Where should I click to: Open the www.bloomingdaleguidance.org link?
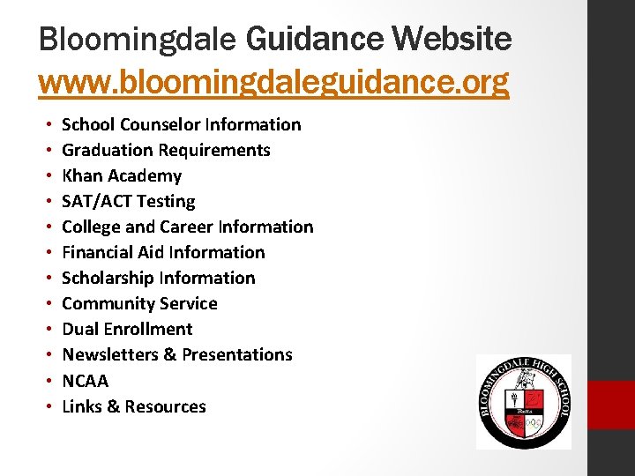pyautogui.click(x=273, y=82)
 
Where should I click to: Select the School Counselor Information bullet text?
pyautogui.click(x=181, y=124)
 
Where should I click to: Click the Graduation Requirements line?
pyautogui.click(x=166, y=150)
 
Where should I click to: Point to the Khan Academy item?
pyautogui.click(x=122, y=175)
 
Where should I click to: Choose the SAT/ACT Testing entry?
pyautogui.click(x=129, y=201)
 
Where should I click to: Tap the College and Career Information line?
pyautogui.click(x=187, y=227)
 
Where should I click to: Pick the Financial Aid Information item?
pyautogui.click(x=163, y=252)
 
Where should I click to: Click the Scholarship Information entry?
pyautogui.click(x=159, y=278)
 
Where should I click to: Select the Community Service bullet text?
pyautogui.click(x=139, y=303)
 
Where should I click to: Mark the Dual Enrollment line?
pyautogui.click(x=127, y=329)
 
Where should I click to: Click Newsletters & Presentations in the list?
pyautogui.click(x=177, y=354)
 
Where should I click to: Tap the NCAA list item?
pyautogui.click(x=86, y=381)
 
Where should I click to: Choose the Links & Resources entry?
pyautogui.click(x=134, y=406)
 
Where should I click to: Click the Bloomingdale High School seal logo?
pyautogui.click(x=523, y=402)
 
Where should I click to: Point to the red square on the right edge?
pyautogui.click(x=611, y=405)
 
